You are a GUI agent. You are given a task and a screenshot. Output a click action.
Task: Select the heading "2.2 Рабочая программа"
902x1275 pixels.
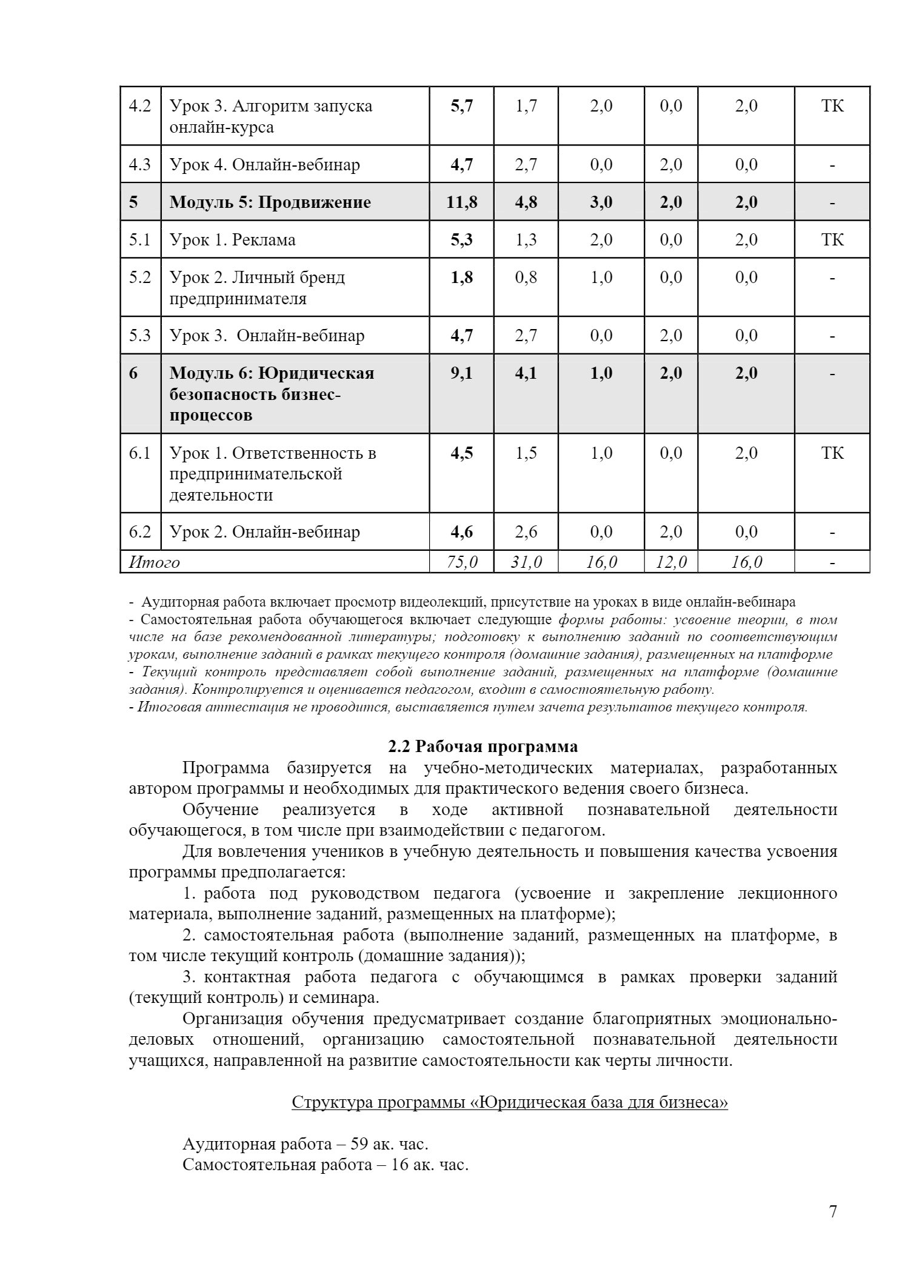point(483,746)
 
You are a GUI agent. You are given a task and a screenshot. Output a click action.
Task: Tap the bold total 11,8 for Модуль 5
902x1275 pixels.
point(462,202)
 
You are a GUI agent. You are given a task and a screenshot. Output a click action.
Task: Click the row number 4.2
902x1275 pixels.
point(140,106)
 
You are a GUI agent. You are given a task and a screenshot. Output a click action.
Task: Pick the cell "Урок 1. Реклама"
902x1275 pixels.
point(233,240)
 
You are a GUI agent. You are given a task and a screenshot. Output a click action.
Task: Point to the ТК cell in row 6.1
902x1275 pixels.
point(832,453)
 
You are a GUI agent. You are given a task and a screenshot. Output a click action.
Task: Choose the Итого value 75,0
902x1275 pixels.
point(462,562)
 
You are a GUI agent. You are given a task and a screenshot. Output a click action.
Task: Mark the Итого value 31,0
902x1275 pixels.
point(526,562)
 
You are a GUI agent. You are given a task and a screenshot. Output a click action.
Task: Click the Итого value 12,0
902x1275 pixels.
point(671,562)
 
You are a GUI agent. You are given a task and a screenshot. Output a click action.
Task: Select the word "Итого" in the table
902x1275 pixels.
point(155,562)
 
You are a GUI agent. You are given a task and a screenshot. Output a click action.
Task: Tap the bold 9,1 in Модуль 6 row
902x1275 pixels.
point(462,373)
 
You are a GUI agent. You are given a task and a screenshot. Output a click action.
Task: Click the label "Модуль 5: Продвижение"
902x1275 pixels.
point(270,202)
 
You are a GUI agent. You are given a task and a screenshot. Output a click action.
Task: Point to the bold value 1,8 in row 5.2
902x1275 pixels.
point(462,278)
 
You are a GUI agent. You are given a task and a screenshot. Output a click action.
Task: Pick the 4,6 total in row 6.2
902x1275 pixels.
point(462,532)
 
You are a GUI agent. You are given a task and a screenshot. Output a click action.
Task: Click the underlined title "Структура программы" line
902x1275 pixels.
point(509,1102)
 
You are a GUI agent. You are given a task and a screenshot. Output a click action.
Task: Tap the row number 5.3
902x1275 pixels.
point(140,336)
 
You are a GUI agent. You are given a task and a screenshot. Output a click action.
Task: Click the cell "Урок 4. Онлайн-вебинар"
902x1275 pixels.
point(265,165)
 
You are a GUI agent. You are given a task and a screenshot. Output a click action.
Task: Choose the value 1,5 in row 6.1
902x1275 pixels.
point(526,453)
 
